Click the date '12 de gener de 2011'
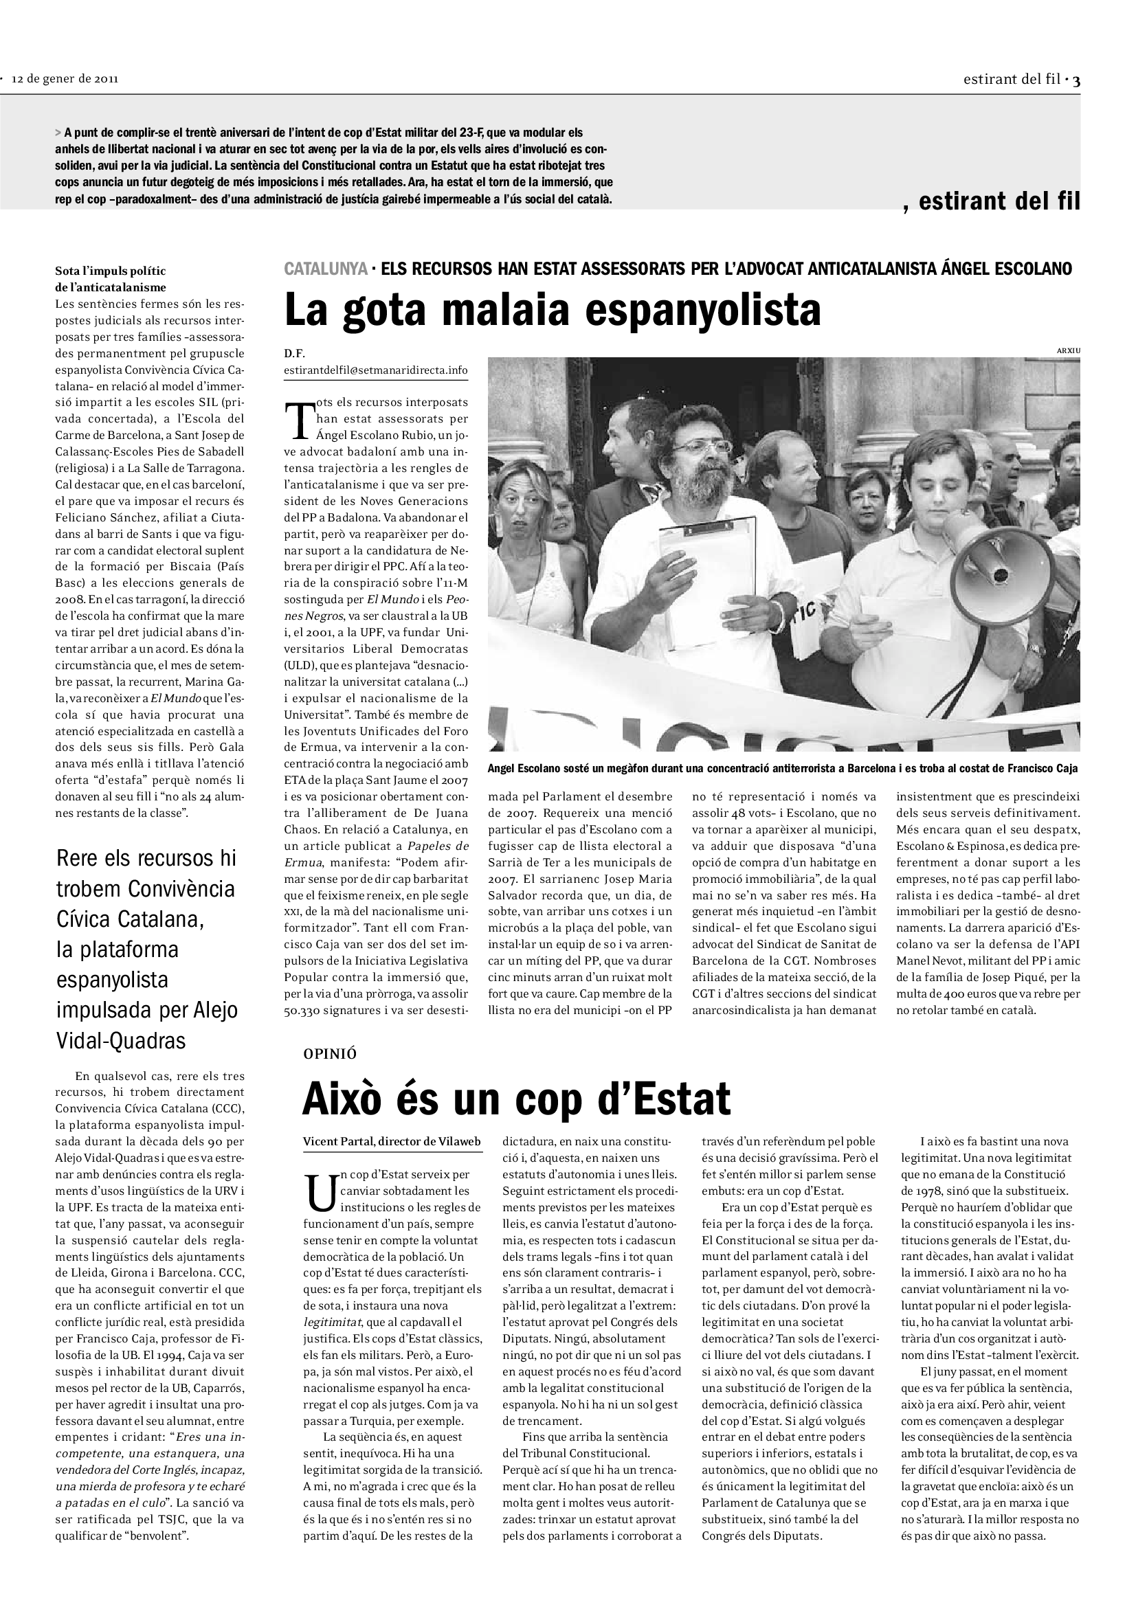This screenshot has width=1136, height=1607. coord(65,78)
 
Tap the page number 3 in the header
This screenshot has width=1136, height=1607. coord(1076,80)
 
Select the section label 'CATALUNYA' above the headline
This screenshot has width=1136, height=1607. coord(326,269)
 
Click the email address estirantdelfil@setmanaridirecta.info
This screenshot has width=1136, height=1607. coord(376,370)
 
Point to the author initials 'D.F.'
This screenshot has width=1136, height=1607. coord(295,353)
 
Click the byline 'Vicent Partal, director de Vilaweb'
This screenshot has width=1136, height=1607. coord(392,1142)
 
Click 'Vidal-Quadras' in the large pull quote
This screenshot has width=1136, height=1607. coord(120,1041)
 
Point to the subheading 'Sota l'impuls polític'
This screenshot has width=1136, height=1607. coord(111,271)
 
